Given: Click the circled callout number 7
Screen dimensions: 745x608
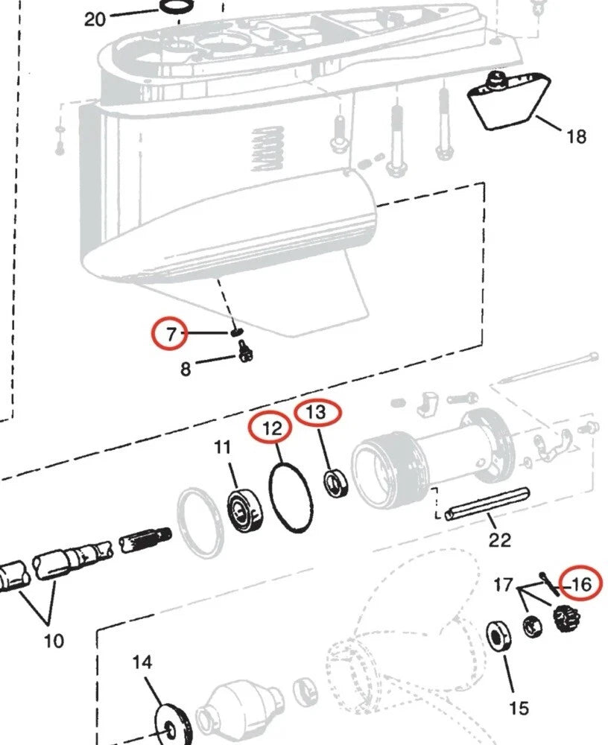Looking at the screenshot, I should click(x=172, y=335).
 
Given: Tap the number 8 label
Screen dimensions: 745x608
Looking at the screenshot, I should click(x=185, y=368).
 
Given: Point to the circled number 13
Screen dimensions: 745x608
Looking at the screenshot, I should click(x=317, y=412).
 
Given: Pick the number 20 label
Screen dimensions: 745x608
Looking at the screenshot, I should click(x=95, y=19).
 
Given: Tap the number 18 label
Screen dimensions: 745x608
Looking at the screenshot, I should click(x=576, y=136).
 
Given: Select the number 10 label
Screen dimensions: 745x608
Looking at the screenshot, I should click(x=54, y=640).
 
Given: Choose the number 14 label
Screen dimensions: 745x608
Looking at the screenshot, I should click(x=142, y=662).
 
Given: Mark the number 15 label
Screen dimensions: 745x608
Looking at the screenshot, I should click(x=519, y=707).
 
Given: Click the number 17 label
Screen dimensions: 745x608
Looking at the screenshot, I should click(x=503, y=584).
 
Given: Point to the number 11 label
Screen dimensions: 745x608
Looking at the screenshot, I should click(x=223, y=448).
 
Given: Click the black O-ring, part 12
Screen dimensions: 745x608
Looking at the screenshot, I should click(x=291, y=498).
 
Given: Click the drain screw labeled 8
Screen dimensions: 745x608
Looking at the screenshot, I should click(x=245, y=352).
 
